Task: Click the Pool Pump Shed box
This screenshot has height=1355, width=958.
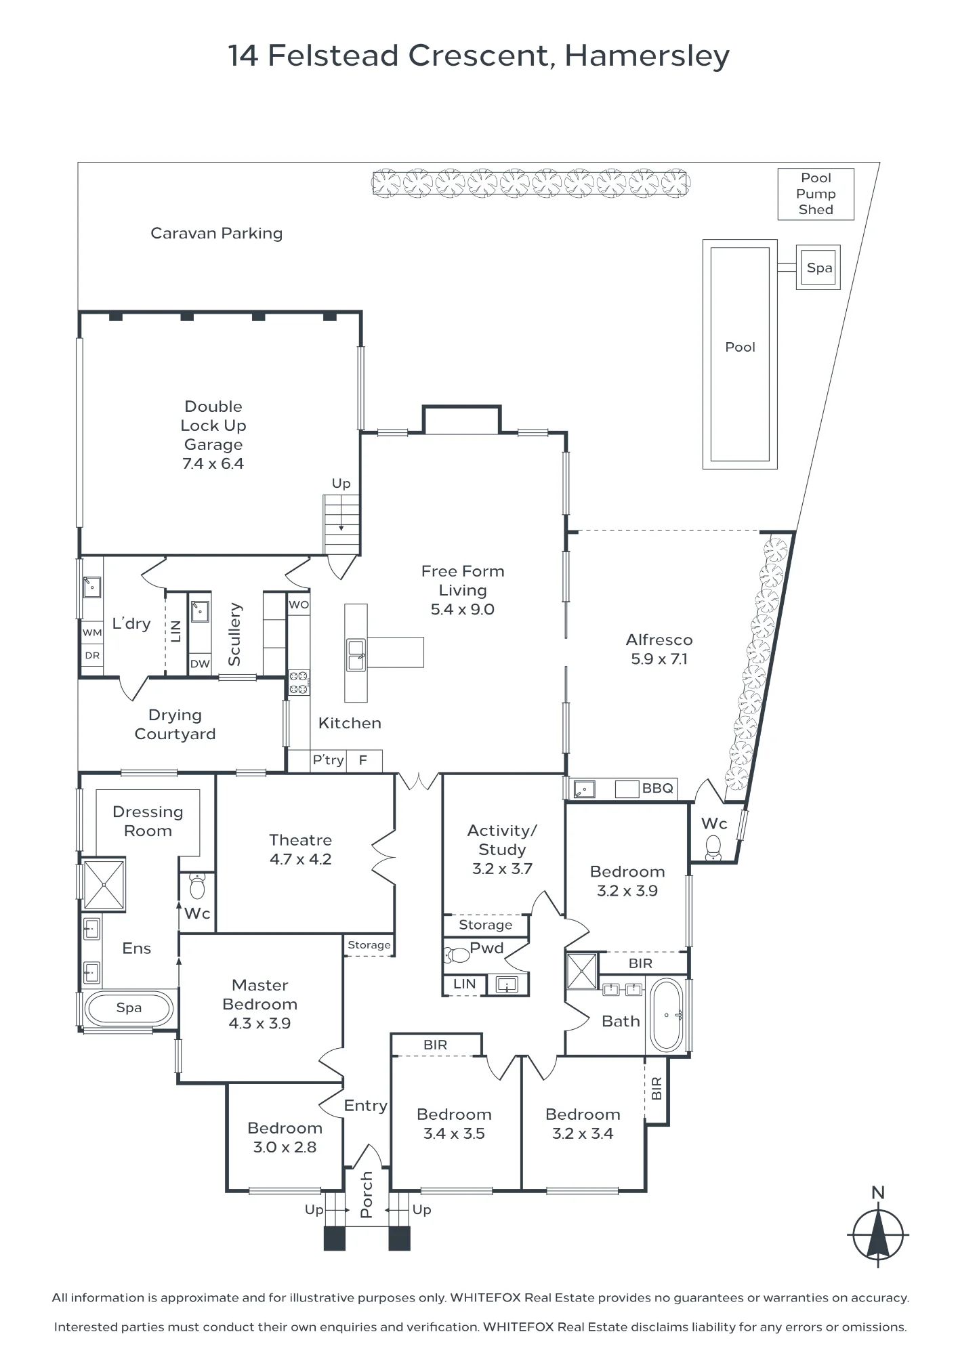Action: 816,194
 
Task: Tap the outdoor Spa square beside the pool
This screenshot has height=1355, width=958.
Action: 818,268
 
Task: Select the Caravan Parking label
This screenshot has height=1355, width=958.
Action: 216,233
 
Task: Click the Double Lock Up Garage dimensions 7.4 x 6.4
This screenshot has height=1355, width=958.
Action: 213,463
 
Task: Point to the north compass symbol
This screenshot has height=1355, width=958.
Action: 878,1234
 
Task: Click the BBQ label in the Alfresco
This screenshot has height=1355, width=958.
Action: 658,788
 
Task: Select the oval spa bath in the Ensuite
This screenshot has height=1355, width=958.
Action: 129,1008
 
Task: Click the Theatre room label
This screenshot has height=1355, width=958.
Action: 300,840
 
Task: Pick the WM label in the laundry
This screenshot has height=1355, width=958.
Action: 92,632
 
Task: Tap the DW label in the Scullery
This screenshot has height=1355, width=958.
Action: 200,664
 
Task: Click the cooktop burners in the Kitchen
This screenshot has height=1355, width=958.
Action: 299,682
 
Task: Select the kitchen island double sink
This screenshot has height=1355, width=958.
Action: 356,654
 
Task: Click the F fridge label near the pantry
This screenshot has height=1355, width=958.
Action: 363,760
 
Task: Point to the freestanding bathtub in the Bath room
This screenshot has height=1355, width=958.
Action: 667,1015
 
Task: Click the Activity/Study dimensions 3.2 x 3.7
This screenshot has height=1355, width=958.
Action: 502,869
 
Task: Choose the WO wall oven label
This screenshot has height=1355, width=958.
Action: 299,605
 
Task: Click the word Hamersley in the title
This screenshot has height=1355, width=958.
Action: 647,56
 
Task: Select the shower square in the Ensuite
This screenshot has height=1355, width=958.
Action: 104,884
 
